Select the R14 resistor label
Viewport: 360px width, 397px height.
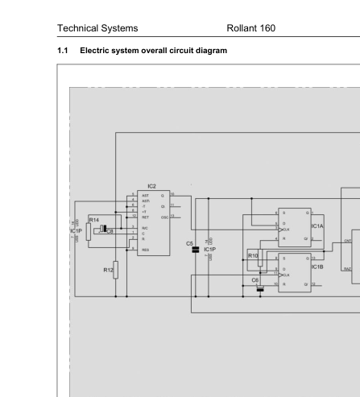pos(94,220)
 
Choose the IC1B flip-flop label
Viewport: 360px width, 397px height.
pos(317,266)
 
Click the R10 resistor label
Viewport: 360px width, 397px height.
pos(253,255)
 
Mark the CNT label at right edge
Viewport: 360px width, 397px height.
pos(348,240)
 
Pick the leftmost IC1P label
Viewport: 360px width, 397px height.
pos(77,231)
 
